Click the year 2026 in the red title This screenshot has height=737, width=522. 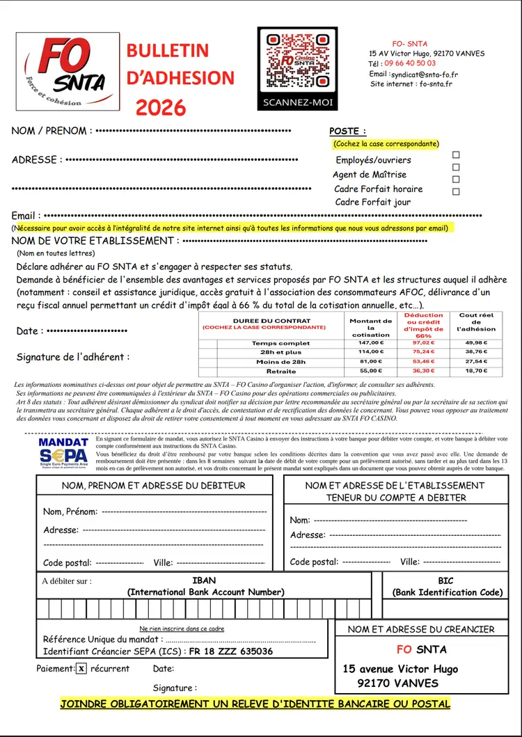161,107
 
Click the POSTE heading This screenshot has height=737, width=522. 347,131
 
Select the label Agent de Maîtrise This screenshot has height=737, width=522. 370,175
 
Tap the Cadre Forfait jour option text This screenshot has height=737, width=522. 373,202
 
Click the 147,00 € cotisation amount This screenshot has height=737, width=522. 371,343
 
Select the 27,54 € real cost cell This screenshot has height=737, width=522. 476,362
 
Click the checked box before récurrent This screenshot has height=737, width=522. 81,669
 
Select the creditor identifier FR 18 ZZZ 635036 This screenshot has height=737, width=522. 231,651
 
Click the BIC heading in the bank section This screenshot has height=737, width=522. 446,580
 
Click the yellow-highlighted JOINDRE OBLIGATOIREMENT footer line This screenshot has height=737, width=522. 255,704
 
